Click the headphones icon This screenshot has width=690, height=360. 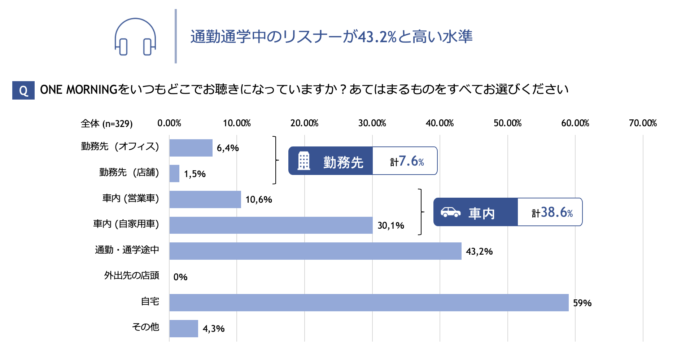135,37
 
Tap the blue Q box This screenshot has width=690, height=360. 23,90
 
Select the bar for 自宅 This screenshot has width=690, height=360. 368,303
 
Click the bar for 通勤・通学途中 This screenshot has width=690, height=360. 315,251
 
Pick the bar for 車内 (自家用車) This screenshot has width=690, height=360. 271,225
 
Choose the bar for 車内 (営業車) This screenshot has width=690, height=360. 205,199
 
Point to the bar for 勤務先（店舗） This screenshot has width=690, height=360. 174,174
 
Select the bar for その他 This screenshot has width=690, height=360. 184,328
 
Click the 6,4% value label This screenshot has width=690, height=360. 228,148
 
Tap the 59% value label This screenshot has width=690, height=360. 582,303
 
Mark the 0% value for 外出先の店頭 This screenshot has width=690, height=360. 180,277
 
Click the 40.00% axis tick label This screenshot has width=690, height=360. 440,123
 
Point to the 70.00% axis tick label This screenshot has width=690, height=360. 643,123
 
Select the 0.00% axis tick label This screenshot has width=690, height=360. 169,123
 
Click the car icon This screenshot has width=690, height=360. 450,212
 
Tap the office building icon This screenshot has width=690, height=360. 303,161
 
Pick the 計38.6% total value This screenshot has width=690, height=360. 552,212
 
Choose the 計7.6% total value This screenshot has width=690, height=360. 407,161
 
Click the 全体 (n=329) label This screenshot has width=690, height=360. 106,124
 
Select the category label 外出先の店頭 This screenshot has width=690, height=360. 131,276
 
